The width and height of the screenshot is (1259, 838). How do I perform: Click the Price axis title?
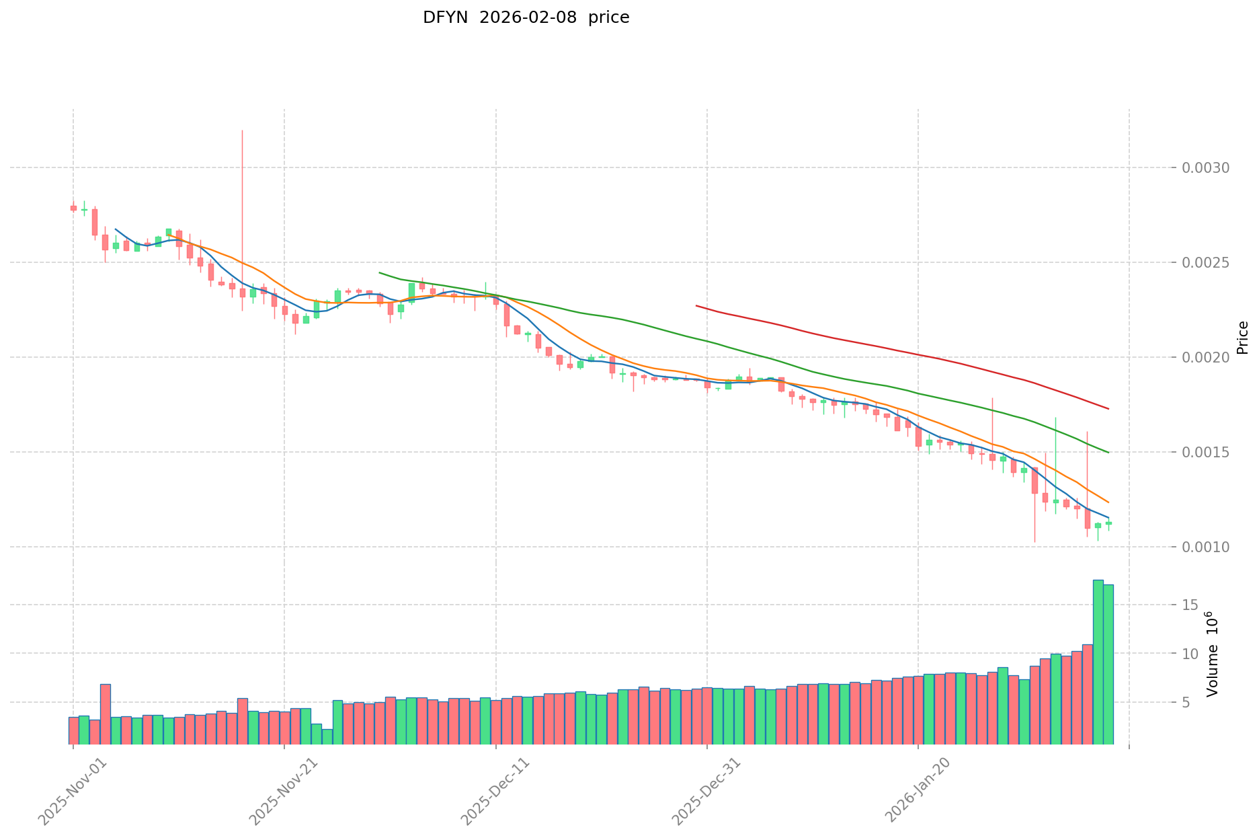(x=1242, y=338)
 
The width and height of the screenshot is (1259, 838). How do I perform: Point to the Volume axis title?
(x=1211, y=654)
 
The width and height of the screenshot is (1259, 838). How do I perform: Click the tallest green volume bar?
(x=1098, y=662)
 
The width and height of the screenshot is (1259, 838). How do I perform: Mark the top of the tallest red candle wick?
(x=242, y=130)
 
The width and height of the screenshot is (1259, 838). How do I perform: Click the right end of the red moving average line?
(x=1108, y=409)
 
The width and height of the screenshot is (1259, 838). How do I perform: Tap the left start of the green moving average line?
(x=380, y=272)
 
